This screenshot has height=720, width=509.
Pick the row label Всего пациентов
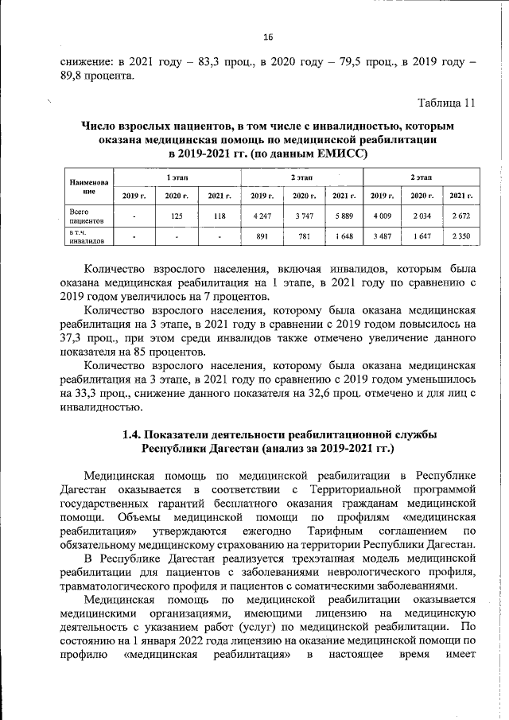point(85,214)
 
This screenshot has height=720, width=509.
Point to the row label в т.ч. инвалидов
point(85,235)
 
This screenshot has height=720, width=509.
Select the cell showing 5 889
point(344,214)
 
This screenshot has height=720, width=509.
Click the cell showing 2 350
point(460,235)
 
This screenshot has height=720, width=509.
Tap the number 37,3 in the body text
point(76,339)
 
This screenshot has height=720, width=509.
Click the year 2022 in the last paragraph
point(200,640)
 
